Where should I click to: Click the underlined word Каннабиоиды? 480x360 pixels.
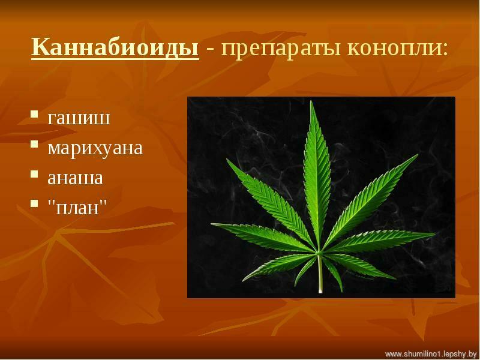[115, 47]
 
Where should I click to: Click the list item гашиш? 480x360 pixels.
[79, 118]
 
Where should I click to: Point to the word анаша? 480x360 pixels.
[76, 178]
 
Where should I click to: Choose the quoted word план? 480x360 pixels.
[77, 208]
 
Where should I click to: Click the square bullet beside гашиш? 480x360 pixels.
[34, 115]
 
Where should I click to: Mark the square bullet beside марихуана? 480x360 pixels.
[34, 144]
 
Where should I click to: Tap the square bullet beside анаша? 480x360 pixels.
[34, 174]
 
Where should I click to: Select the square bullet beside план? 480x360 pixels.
[34, 204]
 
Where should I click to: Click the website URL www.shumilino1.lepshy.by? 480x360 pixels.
[431, 353]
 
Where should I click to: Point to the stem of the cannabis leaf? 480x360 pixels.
[320, 273]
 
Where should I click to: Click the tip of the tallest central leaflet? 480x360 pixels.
[311, 101]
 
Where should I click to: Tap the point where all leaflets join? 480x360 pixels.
[319, 252]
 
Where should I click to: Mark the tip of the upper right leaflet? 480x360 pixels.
[418, 155]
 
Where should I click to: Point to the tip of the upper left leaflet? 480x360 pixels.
[227, 159]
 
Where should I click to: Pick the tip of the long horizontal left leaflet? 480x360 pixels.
[212, 224]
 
